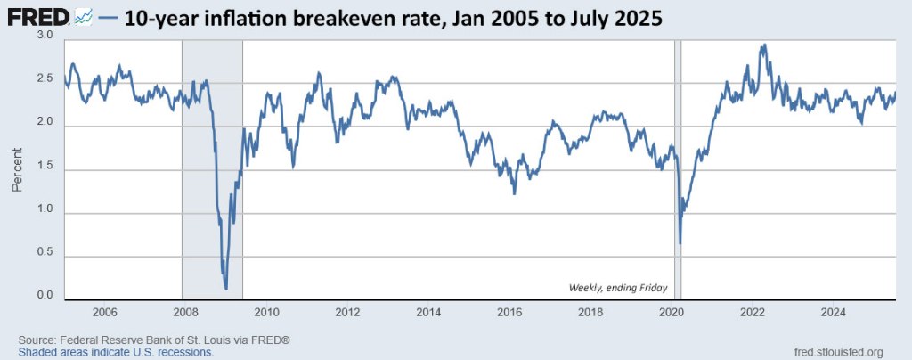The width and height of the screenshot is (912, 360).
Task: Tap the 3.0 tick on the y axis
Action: (45, 35)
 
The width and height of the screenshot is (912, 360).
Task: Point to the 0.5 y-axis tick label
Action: (45, 252)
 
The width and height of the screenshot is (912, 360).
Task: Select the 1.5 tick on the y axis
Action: (45, 166)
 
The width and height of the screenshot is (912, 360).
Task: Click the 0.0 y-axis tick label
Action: (45, 296)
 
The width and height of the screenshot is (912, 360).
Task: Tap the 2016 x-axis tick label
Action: (509, 313)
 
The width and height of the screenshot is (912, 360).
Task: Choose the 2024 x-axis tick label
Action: (834, 313)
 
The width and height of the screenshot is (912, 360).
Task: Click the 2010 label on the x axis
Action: (267, 313)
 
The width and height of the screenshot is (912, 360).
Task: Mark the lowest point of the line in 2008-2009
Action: (226, 289)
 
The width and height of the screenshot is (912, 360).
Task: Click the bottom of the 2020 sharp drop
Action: (680, 243)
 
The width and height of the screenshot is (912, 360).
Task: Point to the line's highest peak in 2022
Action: (763, 45)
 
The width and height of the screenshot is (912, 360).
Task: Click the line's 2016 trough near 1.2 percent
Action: (514, 193)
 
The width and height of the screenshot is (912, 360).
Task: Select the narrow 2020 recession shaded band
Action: (678, 169)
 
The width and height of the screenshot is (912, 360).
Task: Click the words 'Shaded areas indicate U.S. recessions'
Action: (116, 352)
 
